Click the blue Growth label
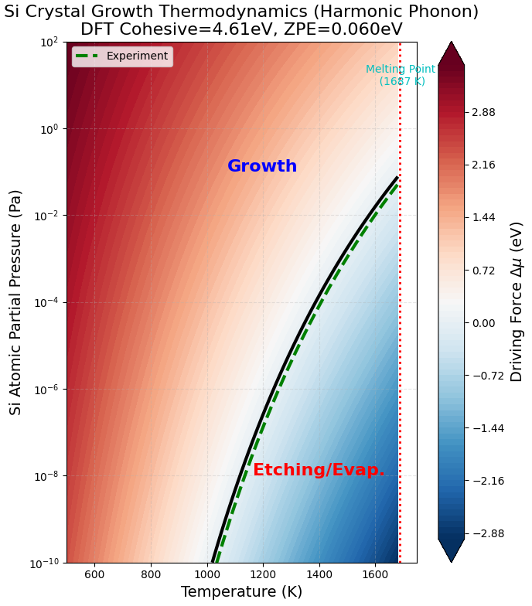click(262, 166)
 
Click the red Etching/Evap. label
click(319, 470)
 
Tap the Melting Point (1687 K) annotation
click(401, 75)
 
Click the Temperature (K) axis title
click(241, 592)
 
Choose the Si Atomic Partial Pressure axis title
click(16, 302)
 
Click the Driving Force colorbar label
click(517, 301)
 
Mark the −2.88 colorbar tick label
click(487, 533)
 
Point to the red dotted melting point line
click(400, 309)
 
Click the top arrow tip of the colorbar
click(452, 43)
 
